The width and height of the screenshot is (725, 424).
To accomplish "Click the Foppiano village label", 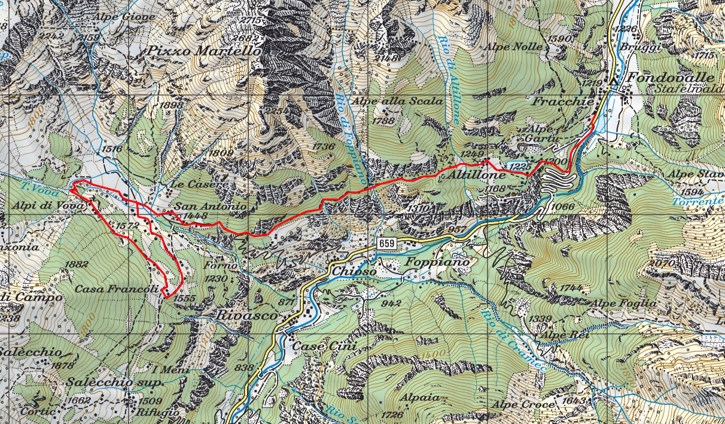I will click(x=435, y=262).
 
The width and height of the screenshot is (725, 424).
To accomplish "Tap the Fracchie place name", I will click(x=563, y=102).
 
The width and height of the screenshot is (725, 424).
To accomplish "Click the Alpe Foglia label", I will click(x=623, y=303).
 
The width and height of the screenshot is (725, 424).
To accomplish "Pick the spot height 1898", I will click(x=172, y=105).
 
